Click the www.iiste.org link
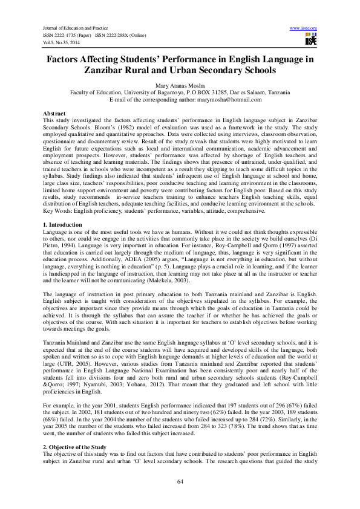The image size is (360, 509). [x=304, y=28]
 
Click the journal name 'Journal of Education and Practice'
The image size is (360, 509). [x=67, y=28]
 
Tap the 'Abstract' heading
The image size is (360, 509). [x=54, y=114]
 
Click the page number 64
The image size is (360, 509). [x=180, y=481]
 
